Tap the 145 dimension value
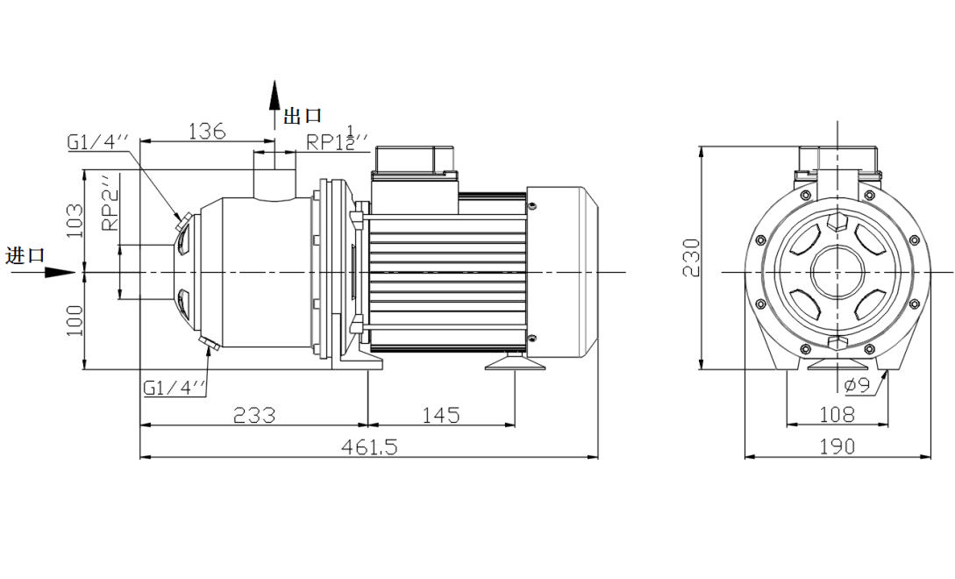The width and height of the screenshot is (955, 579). (x=440, y=415)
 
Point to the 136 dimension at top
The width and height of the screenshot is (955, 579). (x=207, y=132)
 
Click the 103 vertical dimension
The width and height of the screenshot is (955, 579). (x=75, y=221)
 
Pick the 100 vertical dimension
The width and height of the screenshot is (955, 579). (x=75, y=321)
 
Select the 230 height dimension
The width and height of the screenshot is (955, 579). (x=692, y=257)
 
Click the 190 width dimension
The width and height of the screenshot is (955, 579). (x=837, y=447)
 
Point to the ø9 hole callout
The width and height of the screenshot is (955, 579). (x=857, y=385)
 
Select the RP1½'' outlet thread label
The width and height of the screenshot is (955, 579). (x=335, y=140)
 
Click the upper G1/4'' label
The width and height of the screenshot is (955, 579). (x=98, y=141)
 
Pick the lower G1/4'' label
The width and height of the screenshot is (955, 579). (x=175, y=386)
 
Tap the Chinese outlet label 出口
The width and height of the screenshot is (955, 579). (x=303, y=115)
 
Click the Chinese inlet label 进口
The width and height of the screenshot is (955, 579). (x=24, y=255)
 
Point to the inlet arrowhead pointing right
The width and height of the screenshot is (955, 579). (x=61, y=272)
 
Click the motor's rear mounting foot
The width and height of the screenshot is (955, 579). (x=516, y=361)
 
